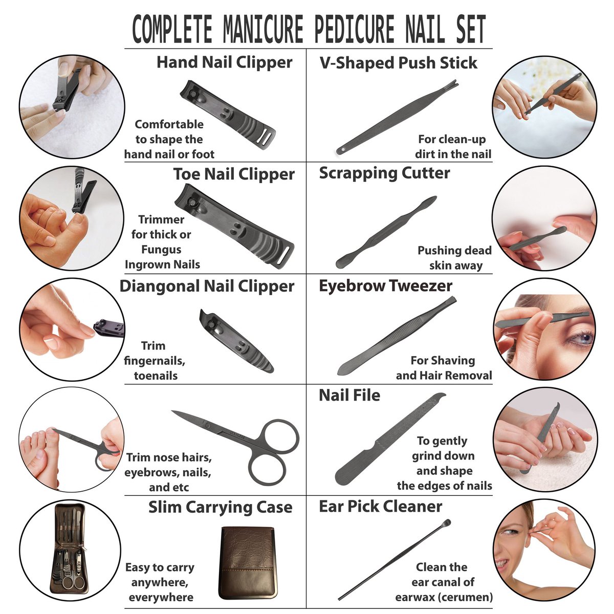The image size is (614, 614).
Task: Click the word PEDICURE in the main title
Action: [354, 29]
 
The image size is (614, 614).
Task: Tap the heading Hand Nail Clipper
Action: [224, 62]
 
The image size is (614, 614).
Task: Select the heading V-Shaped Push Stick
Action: [398, 63]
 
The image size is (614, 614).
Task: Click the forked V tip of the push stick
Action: [453, 84]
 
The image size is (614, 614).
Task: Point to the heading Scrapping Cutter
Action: [384, 173]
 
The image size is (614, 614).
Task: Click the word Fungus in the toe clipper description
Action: [161, 249]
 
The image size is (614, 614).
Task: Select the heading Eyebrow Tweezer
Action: [386, 286]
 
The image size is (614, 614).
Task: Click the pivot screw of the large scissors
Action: [207, 425]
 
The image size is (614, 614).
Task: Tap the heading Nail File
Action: [349, 396]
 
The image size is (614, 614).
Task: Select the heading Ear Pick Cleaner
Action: [381, 507]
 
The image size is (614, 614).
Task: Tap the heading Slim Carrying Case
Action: [220, 507]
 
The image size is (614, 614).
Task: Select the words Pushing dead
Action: [454, 250]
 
